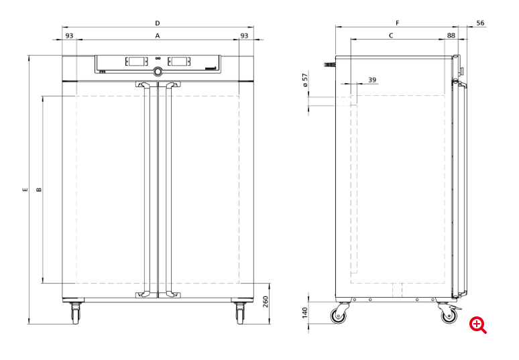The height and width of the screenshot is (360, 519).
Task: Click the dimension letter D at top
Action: [158, 23]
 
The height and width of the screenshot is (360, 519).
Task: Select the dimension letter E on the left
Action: [25, 190]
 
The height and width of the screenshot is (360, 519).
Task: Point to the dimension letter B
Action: [39, 190]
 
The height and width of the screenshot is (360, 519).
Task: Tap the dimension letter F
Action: [397, 23]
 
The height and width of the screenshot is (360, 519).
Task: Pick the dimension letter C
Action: [391, 35]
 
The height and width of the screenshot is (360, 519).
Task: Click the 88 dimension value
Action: [451, 35]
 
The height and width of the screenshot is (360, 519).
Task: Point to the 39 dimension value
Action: [372, 80]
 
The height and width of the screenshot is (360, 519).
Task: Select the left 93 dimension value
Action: [69, 35]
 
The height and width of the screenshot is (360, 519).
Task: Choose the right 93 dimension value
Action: [244, 35]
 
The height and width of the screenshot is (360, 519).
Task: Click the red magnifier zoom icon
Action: [478, 325]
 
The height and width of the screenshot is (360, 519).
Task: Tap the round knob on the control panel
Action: [158, 72]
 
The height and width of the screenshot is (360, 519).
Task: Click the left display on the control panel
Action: [136, 62]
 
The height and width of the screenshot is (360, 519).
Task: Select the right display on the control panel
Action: [179, 62]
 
